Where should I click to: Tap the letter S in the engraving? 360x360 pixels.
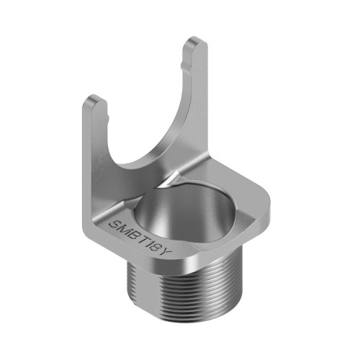click(115, 225)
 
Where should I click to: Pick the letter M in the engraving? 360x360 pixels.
click(126, 228)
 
